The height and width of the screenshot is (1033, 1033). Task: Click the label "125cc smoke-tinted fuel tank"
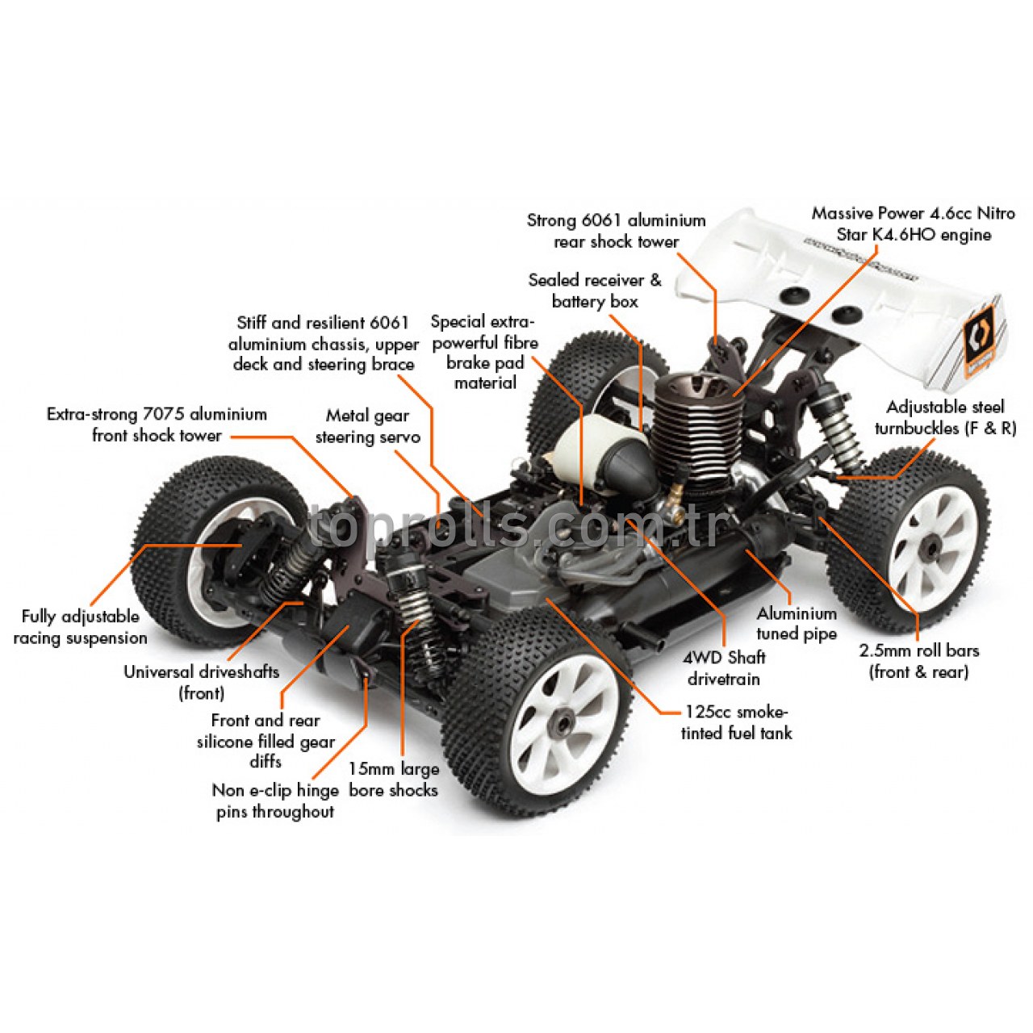tap(736, 722)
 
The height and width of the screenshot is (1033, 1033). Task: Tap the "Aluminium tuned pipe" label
tap(796, 624)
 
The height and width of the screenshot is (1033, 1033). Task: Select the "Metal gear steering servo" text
tap(367, 426)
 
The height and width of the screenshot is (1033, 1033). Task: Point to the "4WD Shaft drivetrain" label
tap(724, 668)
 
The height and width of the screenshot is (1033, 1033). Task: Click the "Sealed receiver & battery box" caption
tap(595, 291)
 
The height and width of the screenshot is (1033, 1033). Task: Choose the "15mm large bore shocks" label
tap(393, 780)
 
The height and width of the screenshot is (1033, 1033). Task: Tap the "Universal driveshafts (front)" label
tap(201, 682)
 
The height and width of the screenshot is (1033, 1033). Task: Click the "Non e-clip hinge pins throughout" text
tap(274, 801)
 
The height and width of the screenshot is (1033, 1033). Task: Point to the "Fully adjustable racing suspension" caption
tap(80, 627)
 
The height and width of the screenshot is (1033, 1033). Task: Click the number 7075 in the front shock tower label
tap(166, 414)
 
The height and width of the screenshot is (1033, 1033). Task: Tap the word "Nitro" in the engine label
tap(995, 213)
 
